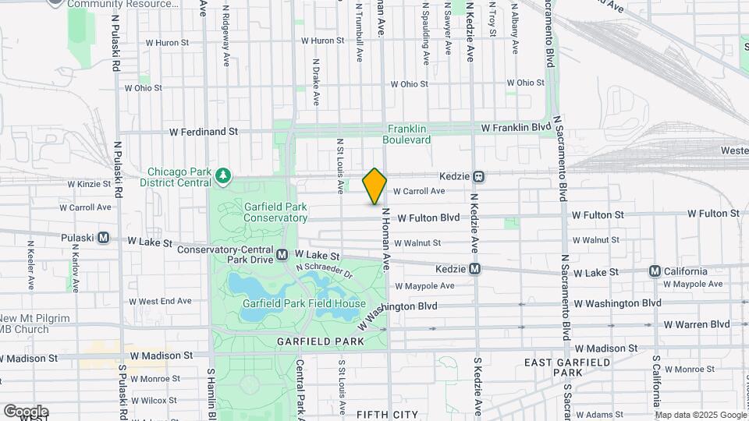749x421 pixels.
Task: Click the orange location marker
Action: tap(374, 186)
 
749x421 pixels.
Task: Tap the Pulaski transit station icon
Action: tap(103, 238)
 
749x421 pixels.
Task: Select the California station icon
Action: tap(655, 271)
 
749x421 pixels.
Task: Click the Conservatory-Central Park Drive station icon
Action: tap(282, 255)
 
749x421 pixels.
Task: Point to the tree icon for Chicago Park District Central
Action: tap(224, 174)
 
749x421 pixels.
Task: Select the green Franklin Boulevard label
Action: tap(406, 134)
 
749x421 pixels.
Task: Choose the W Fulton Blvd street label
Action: tap(428, 218)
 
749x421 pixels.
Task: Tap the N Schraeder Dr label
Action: tap(325, 271)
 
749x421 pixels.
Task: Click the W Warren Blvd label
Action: tap(696, 324)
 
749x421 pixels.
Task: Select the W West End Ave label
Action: tap(160, 301)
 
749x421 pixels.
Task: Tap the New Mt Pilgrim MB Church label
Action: tap(34, 324)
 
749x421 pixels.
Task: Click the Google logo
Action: tap(25, 411)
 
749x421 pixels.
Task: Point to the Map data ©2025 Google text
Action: tap(700, 415)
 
